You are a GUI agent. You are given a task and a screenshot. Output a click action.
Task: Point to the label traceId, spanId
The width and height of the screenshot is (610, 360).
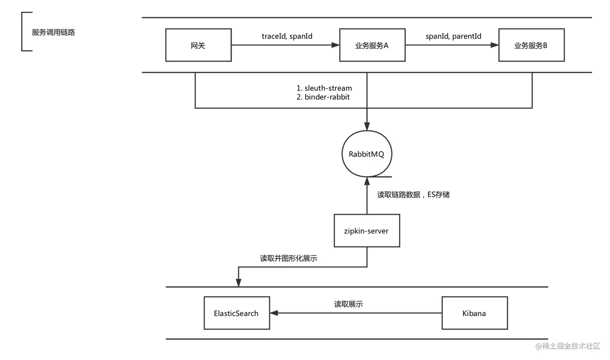point(287,36)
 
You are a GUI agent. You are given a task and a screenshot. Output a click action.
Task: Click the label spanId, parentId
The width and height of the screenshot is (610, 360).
point(453,36)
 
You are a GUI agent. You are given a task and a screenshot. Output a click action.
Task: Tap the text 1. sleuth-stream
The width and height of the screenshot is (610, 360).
point(324,88)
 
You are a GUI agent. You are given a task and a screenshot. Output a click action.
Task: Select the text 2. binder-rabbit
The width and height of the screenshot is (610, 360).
point(323,97)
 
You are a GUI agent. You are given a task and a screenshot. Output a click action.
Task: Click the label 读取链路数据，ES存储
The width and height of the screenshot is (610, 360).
point(414,195)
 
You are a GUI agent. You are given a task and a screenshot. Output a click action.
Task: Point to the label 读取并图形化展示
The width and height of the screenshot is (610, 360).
point(289,258)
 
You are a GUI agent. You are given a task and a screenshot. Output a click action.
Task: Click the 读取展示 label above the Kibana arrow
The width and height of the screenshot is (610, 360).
point(348,304)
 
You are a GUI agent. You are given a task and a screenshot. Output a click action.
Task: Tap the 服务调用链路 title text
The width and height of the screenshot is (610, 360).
point(53,32)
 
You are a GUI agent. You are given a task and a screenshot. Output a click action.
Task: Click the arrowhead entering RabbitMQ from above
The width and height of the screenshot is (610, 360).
point(367,126)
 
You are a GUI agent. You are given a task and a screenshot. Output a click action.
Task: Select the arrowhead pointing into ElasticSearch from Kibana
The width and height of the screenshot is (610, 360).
point(274,313)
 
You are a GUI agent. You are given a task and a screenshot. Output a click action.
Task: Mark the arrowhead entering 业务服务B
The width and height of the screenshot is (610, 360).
point(495,45)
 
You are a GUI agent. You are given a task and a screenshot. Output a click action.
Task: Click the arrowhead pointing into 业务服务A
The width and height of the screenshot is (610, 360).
point(336,45)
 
